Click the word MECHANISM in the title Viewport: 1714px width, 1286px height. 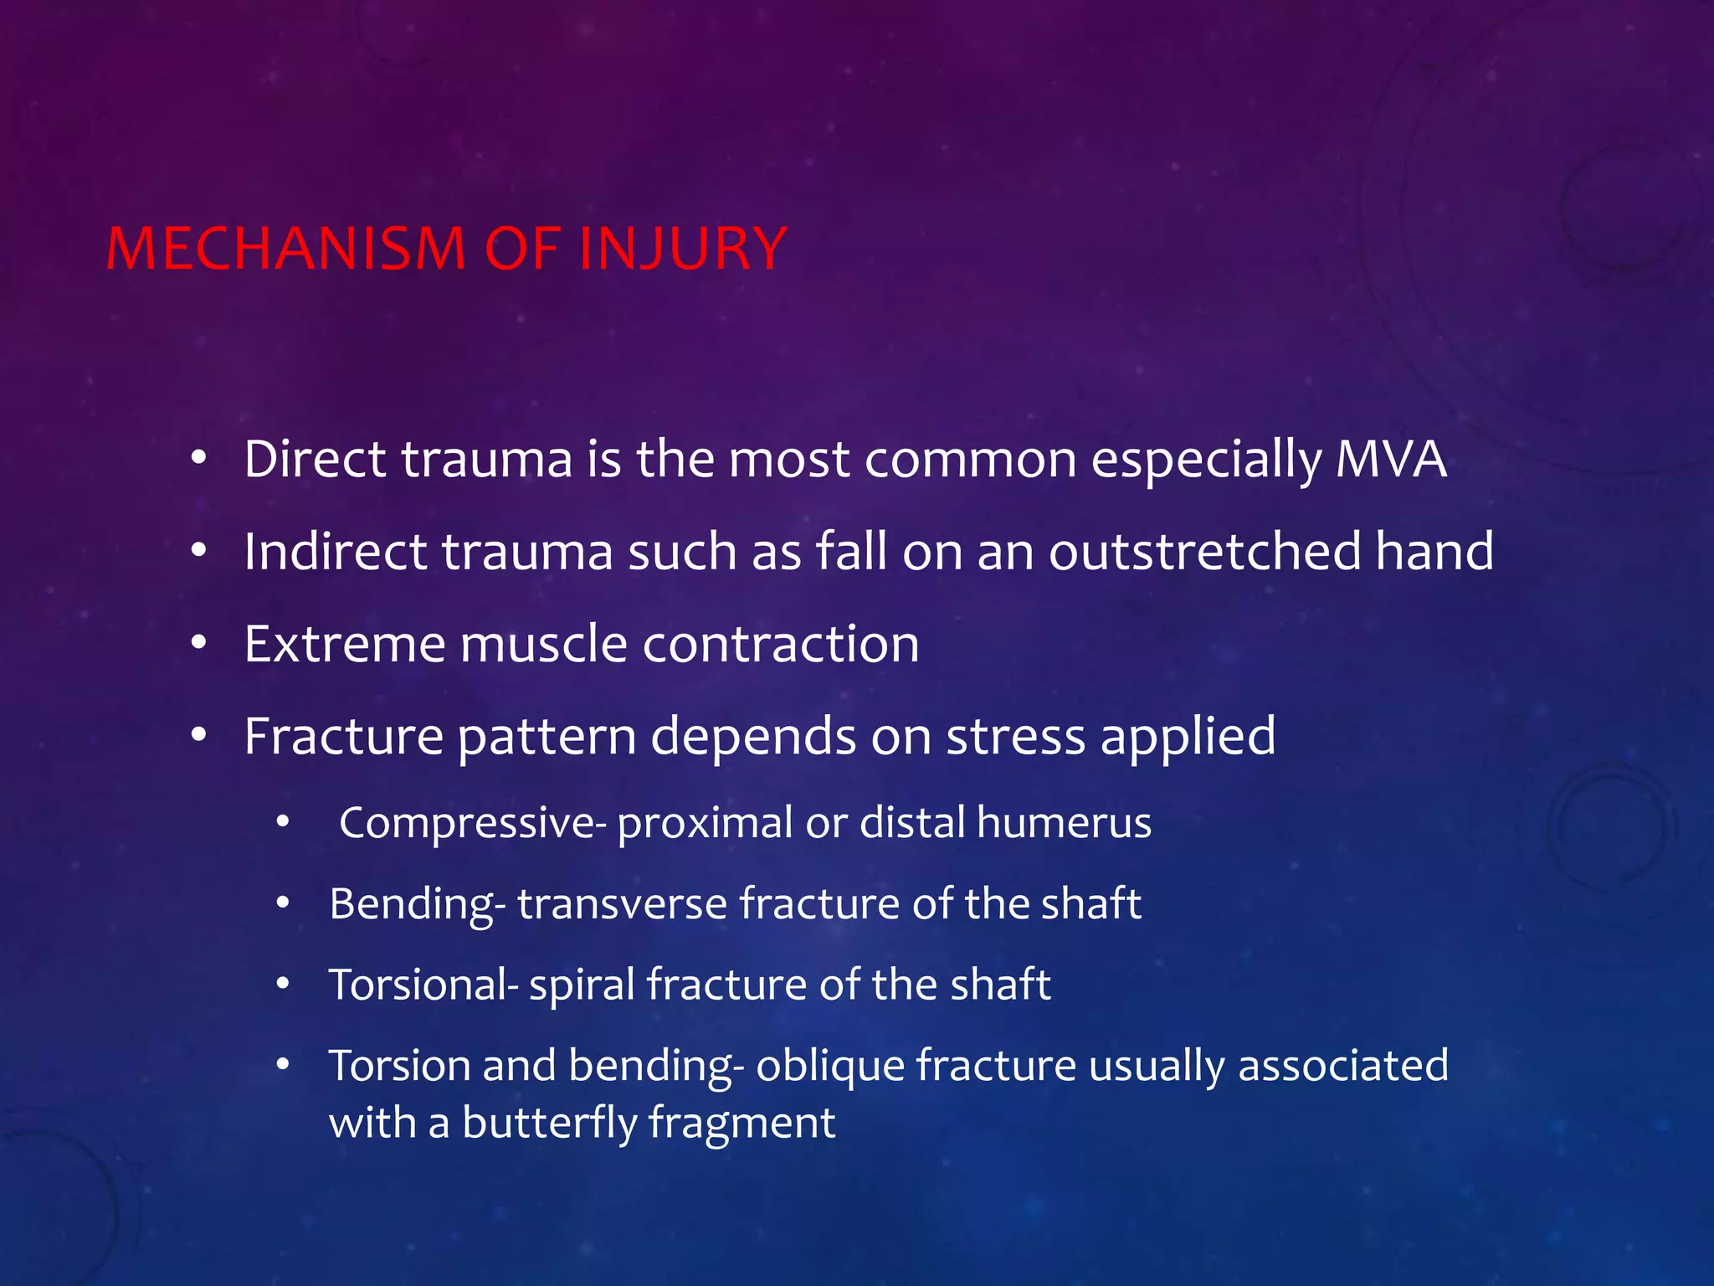[x=285, y=249]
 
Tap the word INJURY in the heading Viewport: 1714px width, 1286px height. [x=681, y=249]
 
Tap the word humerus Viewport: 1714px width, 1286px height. [x=1064, y=822]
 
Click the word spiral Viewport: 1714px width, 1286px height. [x=582, y=985]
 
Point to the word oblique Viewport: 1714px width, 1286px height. [x=829, y=1067]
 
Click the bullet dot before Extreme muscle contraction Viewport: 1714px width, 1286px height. [x=198, y=644]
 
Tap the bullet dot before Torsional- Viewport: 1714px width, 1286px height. [x=283, y=985]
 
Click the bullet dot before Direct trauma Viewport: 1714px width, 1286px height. [x=198, y=460]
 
